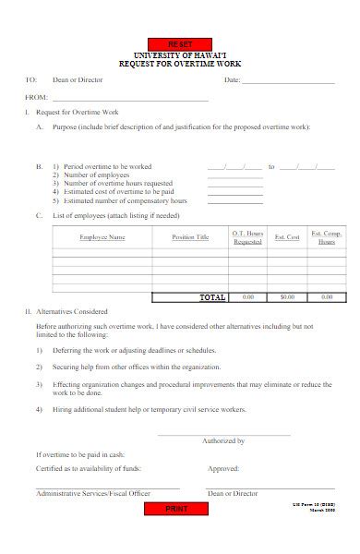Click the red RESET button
tap(180, 44)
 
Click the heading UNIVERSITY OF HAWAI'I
tap(180, 55)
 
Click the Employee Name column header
tap(102, 237)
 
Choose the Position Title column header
tap(190, 237)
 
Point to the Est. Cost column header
tap(287, 237)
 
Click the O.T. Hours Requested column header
tap(247, 237)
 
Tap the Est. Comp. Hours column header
tap(327, 237)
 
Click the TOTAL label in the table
tap(212, 297)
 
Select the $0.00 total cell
tap(287, 297)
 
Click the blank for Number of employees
tap(228, 175)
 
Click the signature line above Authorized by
tap(223, 435)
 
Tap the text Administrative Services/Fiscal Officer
tap(92, 494)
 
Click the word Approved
tap(223, 468)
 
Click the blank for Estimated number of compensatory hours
tap(228, 200)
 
